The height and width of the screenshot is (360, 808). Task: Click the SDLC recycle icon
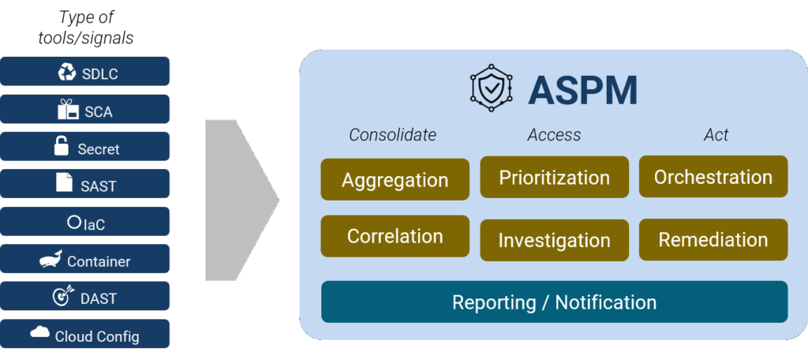67,73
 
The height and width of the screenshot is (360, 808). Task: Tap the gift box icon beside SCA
68,110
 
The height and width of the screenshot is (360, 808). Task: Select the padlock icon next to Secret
61,146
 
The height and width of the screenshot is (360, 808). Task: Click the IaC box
84,222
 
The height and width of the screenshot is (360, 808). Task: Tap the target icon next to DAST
62,297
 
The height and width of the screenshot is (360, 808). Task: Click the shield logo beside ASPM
492,89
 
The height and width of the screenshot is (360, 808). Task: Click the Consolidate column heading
392,135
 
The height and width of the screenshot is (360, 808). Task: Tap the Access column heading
554,135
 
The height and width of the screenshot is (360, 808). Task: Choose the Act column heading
716,135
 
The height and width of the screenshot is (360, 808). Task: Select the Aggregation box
395,179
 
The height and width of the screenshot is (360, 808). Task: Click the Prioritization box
554,178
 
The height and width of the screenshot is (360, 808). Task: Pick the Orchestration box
713,177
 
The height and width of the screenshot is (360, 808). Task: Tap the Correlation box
395,236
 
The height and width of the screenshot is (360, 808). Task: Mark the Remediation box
713,239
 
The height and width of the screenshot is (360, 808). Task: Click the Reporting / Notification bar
554,302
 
